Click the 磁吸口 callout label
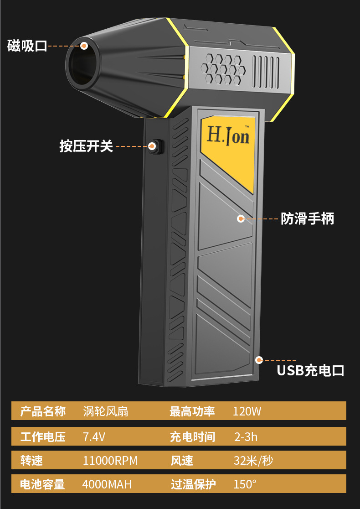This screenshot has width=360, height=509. [x=27, y=46]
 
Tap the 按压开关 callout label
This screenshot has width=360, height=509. [x=86, y=146]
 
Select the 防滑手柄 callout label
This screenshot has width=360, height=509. [x=307, y=219]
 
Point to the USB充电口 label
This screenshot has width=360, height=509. [x=310, y=370]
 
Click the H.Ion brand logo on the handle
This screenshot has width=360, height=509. [x=228, y=135]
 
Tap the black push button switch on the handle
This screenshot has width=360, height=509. [x=154, y=146]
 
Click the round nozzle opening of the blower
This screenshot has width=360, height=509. [x=82, y=64]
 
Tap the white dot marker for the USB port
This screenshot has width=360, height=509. [x=259, y=360]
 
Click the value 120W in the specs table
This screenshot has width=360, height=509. [x=247, y=411]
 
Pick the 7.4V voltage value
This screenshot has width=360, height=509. [x=94, y=437]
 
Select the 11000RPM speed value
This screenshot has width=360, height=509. [x=110, y=461]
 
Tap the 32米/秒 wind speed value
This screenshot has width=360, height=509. [x=253, y=461]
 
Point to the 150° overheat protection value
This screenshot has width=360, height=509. [x=245, y=484]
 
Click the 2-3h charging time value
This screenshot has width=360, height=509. [x=246, y=437]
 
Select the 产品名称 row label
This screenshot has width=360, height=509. [x=43, y=411]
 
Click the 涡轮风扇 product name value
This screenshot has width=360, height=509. [x=106, y=411]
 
